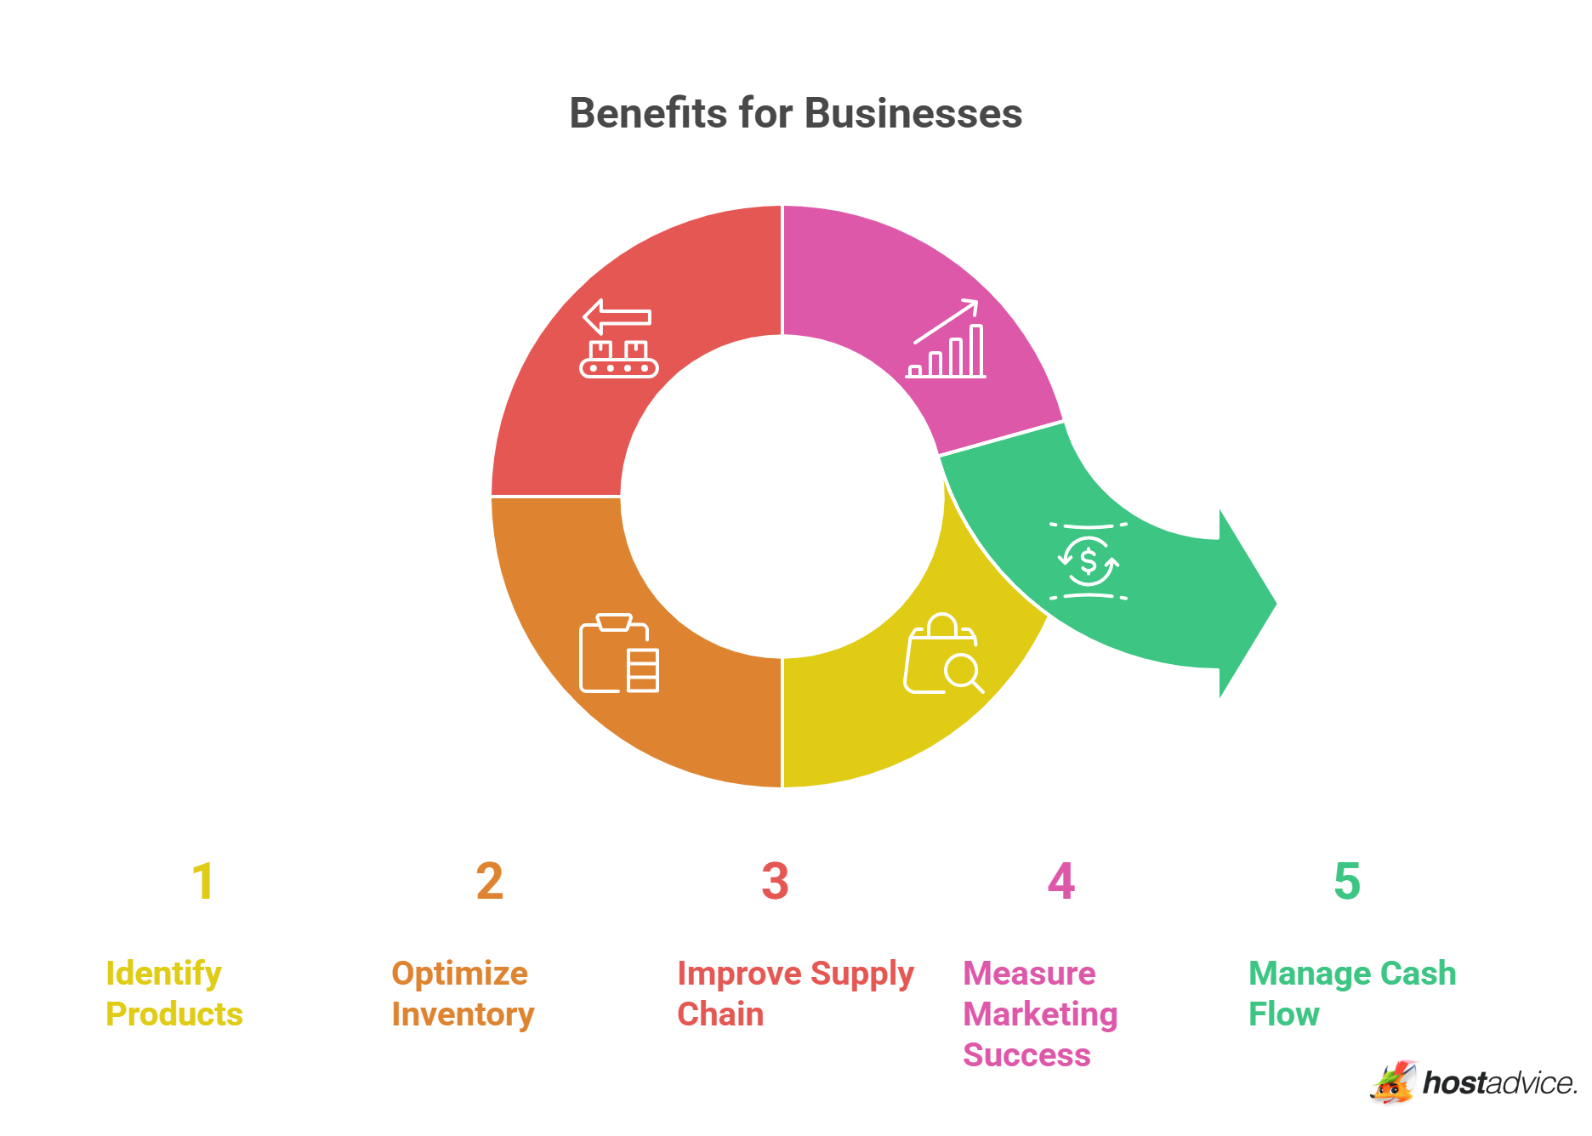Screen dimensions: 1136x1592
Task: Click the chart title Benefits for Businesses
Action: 795,113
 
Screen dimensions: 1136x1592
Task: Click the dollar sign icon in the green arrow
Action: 1088,561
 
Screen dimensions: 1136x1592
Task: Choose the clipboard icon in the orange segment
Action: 618,653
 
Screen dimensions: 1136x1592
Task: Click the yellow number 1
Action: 202,881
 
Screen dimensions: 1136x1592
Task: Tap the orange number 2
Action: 489,881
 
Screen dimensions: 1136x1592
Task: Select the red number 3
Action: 775,881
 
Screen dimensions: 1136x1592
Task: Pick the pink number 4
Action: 1060,881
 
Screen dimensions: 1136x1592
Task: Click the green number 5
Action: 1346,881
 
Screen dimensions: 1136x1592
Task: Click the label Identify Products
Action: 173,993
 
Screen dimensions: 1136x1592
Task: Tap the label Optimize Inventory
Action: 462,993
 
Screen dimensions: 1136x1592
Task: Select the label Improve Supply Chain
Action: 794,993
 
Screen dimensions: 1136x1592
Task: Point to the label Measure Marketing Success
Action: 1039,1014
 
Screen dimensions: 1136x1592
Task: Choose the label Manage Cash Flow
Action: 1351,993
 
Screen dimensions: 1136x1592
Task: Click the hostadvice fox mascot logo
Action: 1392,1082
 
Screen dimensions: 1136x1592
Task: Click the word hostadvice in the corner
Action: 1498,1083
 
